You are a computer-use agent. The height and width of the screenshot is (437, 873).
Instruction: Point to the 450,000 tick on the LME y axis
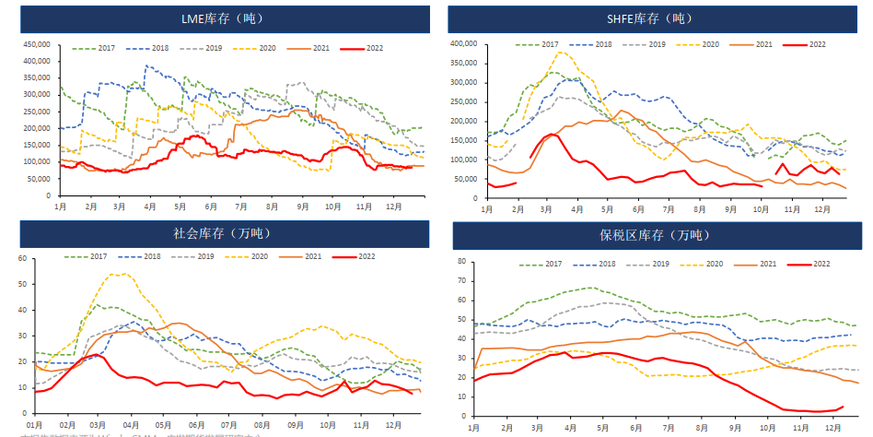[37, 43]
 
